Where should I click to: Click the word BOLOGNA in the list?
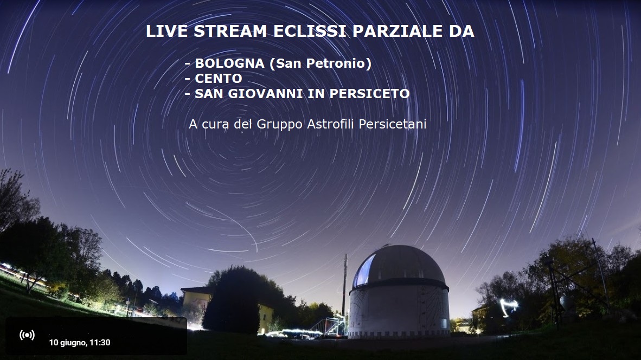230,63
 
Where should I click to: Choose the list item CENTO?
219,79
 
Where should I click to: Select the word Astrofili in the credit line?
331,124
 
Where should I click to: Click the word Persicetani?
393,124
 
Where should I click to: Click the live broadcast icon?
27,336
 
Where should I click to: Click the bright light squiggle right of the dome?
509,306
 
